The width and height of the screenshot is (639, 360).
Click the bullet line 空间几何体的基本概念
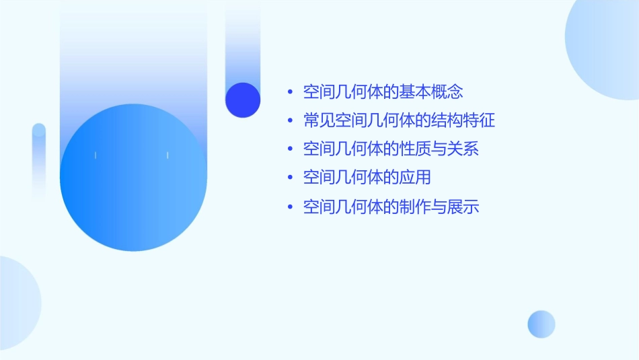coord(383,92)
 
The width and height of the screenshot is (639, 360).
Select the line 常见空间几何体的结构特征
coord(399,120)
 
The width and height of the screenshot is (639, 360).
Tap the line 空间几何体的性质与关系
coord(391,149)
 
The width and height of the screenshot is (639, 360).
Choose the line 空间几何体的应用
coord(367,178)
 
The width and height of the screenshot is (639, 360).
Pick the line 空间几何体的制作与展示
coord(391,207)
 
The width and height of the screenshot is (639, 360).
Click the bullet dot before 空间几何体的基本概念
coord(290,92)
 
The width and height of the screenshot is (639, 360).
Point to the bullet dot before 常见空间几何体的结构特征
coord(290,121)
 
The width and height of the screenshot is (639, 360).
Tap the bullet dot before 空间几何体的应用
coord(290,178)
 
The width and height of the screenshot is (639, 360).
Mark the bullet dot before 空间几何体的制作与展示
coord(290,207)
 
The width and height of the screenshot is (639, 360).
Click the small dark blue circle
coord(243,100)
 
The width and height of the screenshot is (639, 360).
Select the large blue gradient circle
coord(133,178)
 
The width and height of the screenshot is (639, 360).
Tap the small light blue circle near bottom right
coord(541,324)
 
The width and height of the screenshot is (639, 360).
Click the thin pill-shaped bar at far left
coord(39,161)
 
